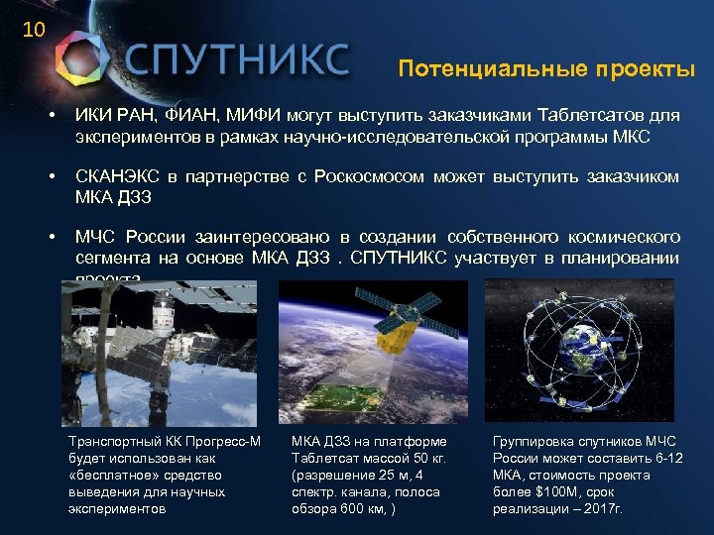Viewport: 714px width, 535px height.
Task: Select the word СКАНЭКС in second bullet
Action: [118, 176]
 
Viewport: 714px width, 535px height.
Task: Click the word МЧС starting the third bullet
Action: [97, 237]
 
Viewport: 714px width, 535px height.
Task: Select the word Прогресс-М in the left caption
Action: [221, 441]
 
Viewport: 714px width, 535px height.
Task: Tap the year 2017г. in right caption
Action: [604, 508]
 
